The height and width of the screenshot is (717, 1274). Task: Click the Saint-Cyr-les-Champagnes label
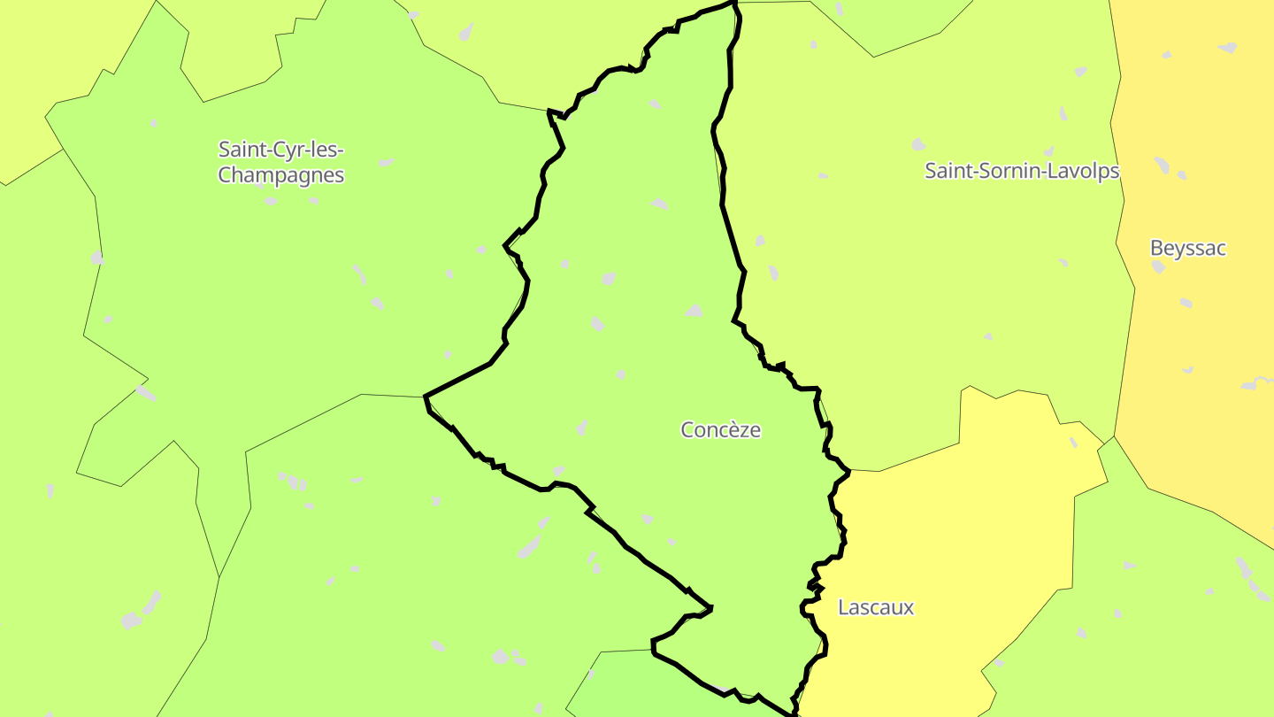click(x=281, y=162)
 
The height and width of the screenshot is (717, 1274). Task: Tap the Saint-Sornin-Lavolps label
click(x=1022, y=171)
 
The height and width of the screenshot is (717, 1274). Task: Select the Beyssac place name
click(x=1187, y=248)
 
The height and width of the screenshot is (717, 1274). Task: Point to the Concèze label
click(x=720, y=430)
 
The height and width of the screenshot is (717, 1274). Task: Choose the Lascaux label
click(x=875, y=607)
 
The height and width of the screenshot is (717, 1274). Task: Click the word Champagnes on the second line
click(x=281, y=175)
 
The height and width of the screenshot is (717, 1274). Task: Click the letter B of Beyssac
click(x=1156, y=248)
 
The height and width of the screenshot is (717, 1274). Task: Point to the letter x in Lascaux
click(x=909, y=608)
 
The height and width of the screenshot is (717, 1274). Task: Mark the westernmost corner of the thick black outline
click(x=426, y=396)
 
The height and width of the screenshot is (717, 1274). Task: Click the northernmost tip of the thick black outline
click(x=734, y=3)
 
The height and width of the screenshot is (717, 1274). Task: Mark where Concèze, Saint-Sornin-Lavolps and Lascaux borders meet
click(x=849, y=470)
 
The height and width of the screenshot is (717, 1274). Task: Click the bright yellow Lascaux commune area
click(x=955, y=531)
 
